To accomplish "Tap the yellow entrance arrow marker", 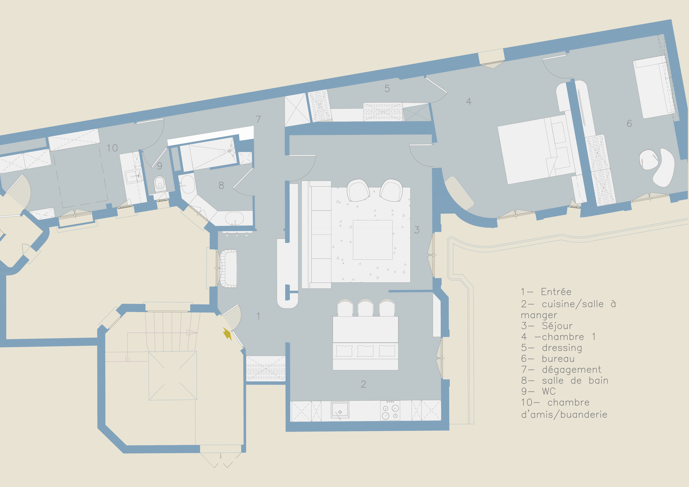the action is coord(227,334).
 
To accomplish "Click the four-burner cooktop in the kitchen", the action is coord(390,410).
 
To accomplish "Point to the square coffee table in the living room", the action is coord(373,240).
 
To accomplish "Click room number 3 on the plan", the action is coord(417,230).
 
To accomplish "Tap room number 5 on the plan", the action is coord(387,88).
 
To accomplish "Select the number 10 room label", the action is coord(112,148).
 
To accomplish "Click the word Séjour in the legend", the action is coord(557,326).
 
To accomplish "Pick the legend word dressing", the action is coord(562,348).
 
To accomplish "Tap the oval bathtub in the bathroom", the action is coord(235,219).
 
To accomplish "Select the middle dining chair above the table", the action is coord(365,308).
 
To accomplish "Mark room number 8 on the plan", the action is coord(221,185).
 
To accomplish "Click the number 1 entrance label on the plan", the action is coord(259,316).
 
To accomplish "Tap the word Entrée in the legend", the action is coord(556,292).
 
